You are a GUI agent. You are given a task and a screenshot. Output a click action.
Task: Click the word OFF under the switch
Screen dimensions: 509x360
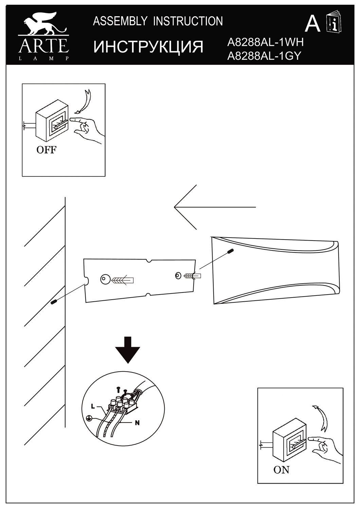pyautogui.click(x=47, y=150)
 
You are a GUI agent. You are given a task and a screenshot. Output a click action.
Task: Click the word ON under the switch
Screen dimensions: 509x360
pyautogui.click(x=281, y=470)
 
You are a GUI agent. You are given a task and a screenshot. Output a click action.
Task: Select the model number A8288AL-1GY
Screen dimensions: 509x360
pyautogui.click(x=264, y=55)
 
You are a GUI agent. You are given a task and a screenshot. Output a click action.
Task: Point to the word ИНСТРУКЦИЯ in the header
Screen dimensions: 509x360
pyautogui.click(x=148, y=47)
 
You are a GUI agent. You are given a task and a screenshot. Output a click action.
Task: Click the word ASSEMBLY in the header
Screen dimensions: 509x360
pyautogui.click(x=120, y=21)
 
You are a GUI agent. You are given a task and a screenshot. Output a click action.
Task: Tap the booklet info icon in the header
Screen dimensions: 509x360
pyautogui.click(x=334, y=23)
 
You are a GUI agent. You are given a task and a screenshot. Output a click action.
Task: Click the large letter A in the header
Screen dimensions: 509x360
pyautogui.click(x=312, y=24)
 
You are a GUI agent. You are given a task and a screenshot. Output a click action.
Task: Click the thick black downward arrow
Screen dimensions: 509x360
pyautogui.click(x=127, y=350)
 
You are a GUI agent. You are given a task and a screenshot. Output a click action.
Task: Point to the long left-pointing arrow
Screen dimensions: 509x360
pyautogui.click(x=214, y=207)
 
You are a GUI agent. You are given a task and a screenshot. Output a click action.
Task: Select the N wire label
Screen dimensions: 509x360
pyautogui.click(x=137, y=423)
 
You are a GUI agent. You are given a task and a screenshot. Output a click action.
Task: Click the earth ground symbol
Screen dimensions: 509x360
pyautogui.click(x=88, y=418)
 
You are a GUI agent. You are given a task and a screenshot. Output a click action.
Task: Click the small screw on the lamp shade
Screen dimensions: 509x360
pyautogui.click(x=231, y=251)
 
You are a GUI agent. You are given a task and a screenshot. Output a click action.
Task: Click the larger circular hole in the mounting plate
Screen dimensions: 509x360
pyautogui.click(x=105, y=279)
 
